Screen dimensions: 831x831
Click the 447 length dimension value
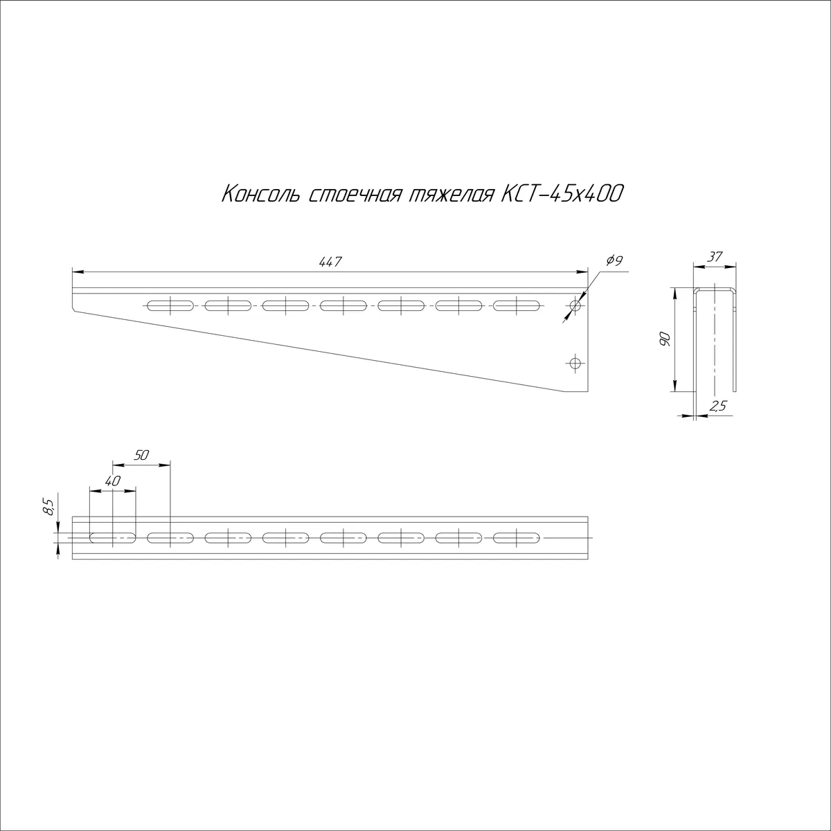pos(330,262)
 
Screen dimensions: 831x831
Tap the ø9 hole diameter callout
pos(614,260)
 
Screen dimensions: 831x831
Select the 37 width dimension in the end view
pos(715,257)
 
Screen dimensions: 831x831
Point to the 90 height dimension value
pos(665,339)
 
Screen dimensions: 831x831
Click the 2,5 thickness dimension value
pos(718,406)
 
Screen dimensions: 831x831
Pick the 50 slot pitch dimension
pos(141,455)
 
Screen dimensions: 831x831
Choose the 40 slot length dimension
pos(113,481)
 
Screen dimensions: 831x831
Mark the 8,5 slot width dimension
pos(49,507)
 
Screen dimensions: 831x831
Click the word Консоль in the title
pos(260,195)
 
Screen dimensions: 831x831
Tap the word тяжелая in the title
pos(450,196)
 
